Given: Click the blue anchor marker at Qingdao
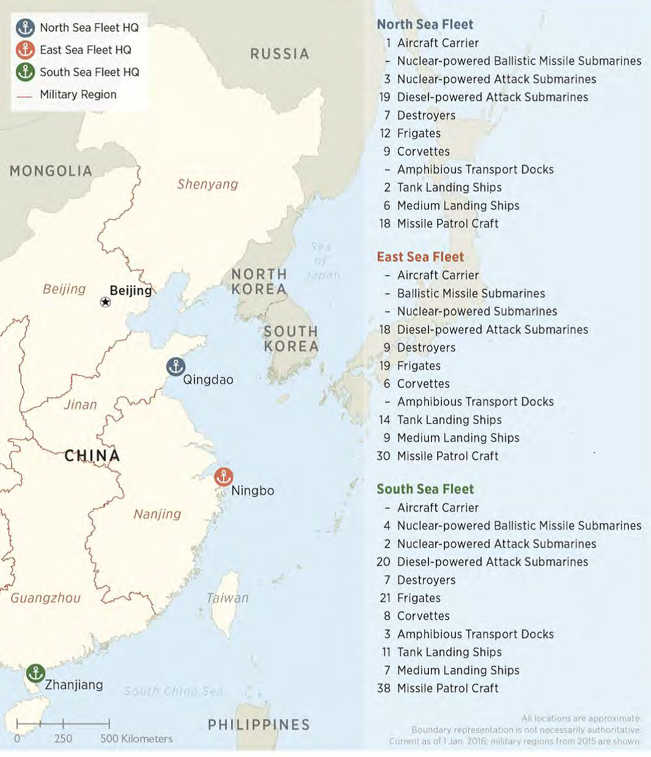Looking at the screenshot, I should coord(176,367).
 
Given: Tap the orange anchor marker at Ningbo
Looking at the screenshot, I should coord(224,476).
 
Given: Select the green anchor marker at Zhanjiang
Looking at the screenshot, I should coord(35,673).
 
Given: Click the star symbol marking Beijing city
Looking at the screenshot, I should coord(105,302).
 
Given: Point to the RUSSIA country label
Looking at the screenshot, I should coord(280,54).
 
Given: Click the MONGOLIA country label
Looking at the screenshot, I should coord(51,171).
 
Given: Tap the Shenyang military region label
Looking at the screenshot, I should coord(207,184).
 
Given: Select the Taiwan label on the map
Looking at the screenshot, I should coord(227,598).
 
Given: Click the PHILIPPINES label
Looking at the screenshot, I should coord(259,725).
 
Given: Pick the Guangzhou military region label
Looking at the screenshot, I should coord(46,598).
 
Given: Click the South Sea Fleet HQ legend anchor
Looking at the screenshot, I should coord(25,72).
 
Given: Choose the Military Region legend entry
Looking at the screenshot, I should coord(77,95).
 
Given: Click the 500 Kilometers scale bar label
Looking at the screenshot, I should coord(137,739).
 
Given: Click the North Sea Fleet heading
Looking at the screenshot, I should coord(425,24).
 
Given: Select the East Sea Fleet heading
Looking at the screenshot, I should coord(420,257).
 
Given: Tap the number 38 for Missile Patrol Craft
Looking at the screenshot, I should coord(383,688).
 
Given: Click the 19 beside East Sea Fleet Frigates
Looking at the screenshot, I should coord(385,366).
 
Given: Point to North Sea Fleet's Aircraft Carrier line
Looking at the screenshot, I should coord(438,43).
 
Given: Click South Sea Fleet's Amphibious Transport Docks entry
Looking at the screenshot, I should coord(475,634).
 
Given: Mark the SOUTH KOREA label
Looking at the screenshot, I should coord(291,339).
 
